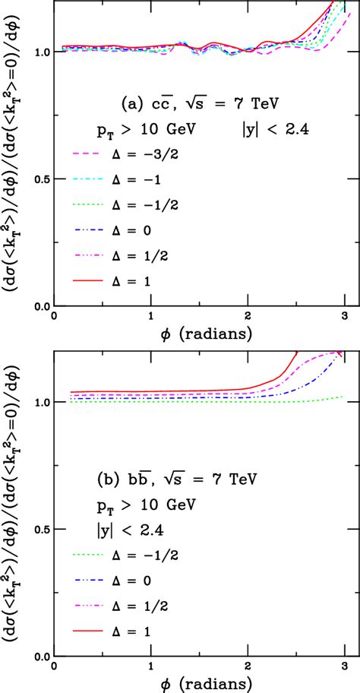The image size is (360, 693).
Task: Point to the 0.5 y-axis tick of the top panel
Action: (40, 179)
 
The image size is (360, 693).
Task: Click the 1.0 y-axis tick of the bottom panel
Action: (40, 403)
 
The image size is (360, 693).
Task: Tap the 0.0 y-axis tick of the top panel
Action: (40, 306)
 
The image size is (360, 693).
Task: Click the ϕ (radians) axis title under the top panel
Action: (198, 333)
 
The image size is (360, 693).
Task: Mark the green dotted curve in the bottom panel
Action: (228, 401)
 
